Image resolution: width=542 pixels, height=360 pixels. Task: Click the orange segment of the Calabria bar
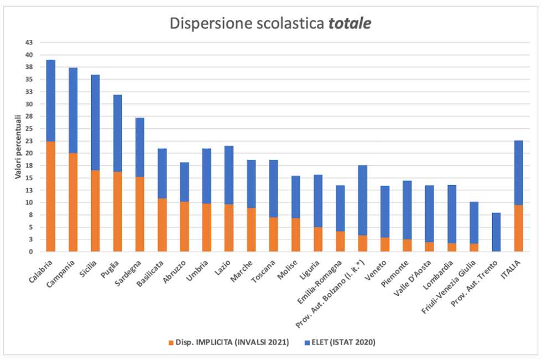click(50, 196)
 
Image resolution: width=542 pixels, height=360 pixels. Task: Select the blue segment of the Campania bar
click(73, 111)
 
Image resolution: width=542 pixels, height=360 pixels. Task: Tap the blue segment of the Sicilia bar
click(95, 122)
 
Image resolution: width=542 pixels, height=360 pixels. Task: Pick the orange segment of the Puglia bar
click(117, 211)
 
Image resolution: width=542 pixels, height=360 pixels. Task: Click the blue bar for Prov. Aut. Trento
click(497, 232)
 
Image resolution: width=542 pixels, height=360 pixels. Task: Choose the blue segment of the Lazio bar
click(229, 175)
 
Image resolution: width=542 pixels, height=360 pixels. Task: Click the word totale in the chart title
click(350, 24)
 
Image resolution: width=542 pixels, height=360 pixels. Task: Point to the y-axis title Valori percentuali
click(18, 147)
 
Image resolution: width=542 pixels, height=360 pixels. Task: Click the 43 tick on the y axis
click(29, 43)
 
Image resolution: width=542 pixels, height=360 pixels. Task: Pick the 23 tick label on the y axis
click(29, 141)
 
